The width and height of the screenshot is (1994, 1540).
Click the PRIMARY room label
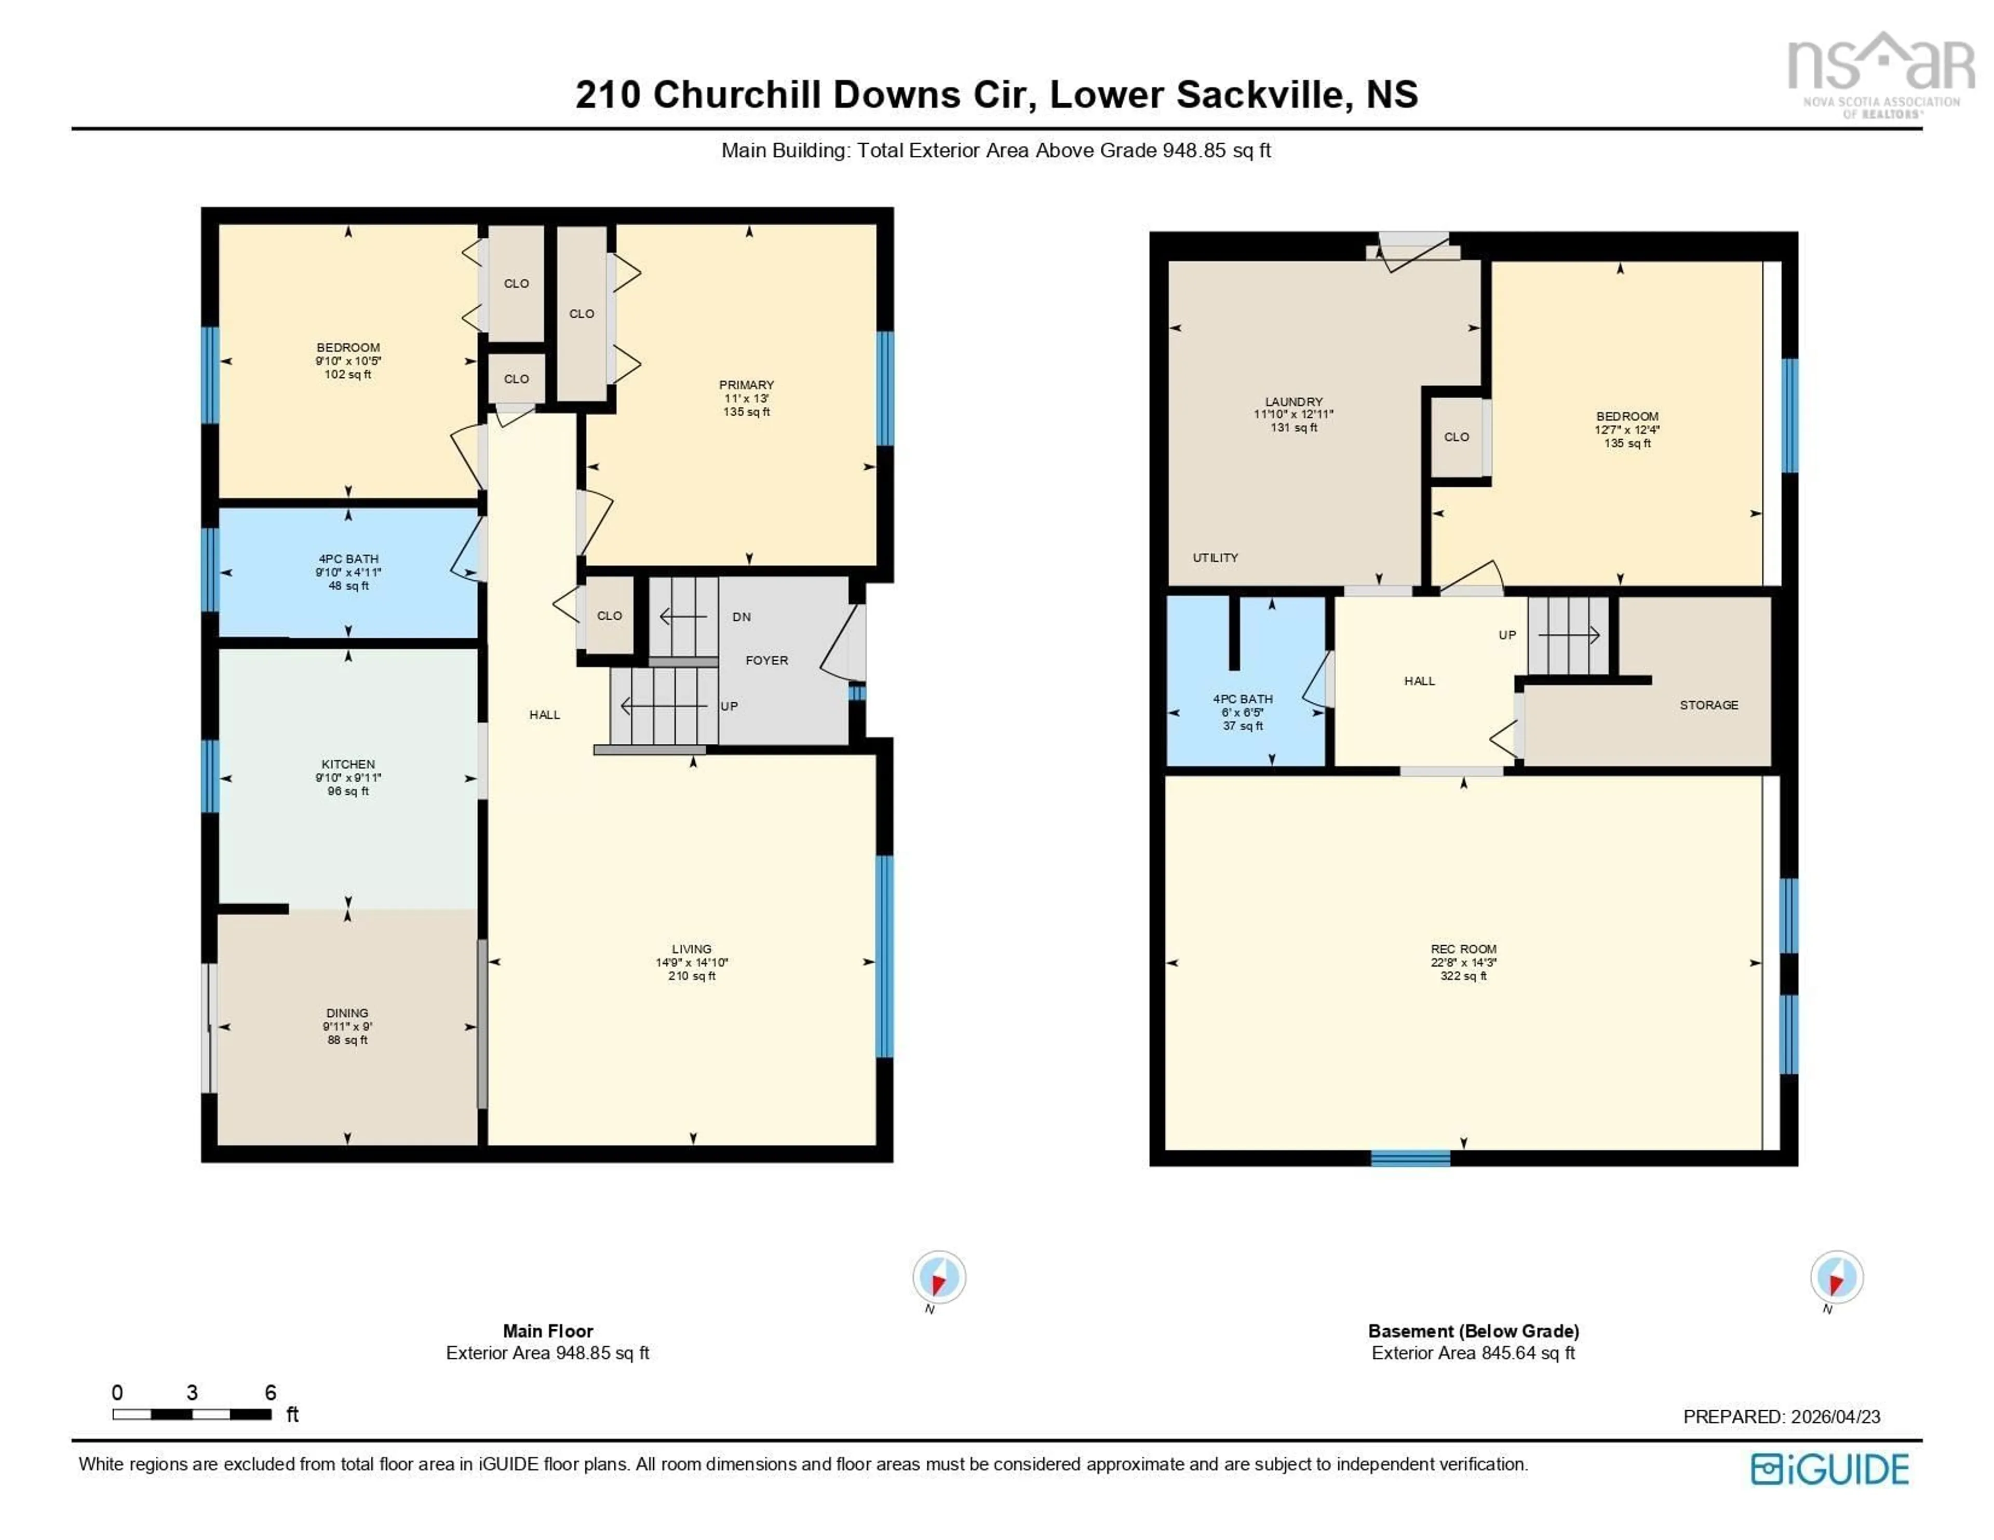tap(746, 384)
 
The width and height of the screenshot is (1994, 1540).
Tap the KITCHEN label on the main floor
tap(348, 764)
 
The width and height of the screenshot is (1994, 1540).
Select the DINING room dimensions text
tap(347, 1026)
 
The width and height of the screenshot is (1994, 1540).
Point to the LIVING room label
tap(691, 948)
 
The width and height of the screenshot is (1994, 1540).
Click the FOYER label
tap(766, 660)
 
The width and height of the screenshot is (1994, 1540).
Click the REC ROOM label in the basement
tap(1463, 948)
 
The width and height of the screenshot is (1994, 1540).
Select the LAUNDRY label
tap(1293, 402)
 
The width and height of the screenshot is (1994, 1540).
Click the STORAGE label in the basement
tap(1708, 705)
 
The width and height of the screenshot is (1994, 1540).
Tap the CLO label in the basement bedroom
tap(1456, 437)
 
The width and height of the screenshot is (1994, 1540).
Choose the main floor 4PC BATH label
tap(348, 558)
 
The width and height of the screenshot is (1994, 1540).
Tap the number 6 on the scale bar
tap(270, 1392)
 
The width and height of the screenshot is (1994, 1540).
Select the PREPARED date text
tap(1781, 1417)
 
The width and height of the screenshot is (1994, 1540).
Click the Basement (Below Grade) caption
tap(1473, 1331)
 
